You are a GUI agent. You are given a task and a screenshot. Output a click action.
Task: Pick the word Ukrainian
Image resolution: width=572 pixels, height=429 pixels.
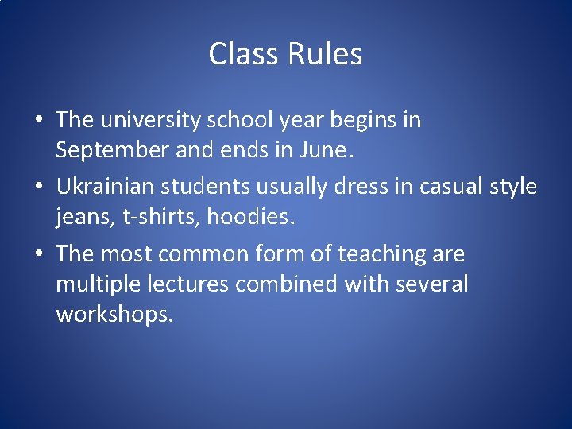[105, 187]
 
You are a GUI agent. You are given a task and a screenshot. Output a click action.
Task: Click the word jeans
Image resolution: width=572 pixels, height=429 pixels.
[83, 217]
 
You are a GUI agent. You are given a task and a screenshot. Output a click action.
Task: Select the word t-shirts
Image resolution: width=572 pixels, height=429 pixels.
[160, 216]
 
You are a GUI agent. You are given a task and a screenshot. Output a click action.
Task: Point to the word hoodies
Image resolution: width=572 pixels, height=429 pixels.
[250, 216]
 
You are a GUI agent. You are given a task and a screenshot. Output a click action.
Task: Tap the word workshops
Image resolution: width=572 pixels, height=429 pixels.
[114, 314]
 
